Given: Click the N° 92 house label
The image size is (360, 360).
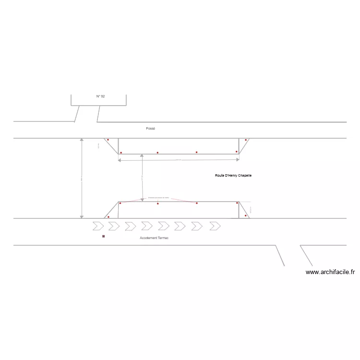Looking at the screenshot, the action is [x=100, y=96].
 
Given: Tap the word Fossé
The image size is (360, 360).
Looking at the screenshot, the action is [x=151, y=129].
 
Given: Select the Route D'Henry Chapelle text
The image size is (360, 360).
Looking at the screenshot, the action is [x=233, y=176].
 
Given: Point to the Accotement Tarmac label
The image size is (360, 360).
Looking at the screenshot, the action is [x=154, y=238].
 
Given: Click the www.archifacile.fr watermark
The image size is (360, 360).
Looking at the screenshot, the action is [x=330, y=272].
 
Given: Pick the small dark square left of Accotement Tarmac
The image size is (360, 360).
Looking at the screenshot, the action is [x=103, y=237].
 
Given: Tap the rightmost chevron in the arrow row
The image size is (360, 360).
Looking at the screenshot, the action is [x=215, y=226].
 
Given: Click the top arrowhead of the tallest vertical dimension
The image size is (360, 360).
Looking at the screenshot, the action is [x=82, y=140].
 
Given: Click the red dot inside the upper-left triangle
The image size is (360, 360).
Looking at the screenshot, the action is [x=108, y=140].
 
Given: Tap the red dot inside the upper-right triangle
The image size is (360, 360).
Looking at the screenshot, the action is [x=246, y=140].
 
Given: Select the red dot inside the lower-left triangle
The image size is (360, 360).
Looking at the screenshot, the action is [x=108, y=217].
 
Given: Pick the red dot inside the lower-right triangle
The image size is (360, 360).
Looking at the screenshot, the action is [x=246, y=216].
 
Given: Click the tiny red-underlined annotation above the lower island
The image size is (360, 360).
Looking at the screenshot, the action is [x=159, y=197].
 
